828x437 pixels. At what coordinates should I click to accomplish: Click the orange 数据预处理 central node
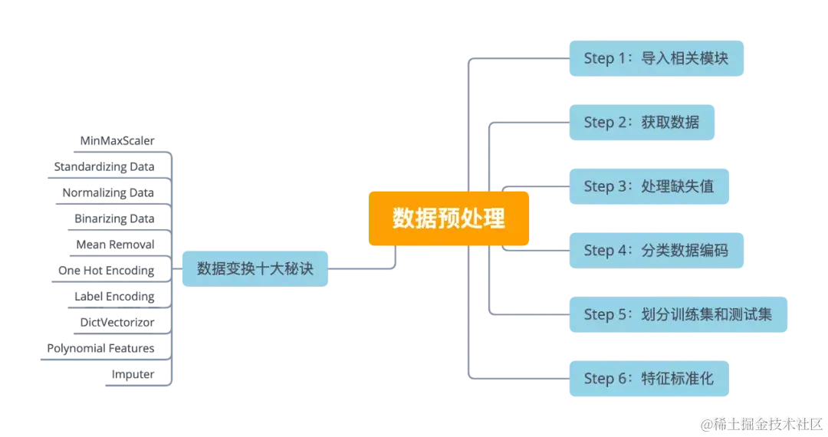[449, 219]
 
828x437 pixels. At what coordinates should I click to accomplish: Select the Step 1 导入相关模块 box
[656, 58]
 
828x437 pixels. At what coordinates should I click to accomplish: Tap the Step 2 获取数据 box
[641, 122]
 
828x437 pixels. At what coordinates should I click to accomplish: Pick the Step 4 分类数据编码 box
[656, 250]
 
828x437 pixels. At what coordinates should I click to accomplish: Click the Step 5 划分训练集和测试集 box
[678, 314]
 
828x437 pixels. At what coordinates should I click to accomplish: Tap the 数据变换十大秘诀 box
[255, 268]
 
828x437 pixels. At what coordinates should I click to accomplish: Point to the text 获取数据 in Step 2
[670, 122]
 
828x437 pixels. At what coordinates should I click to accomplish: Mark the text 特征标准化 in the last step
[678, 378]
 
